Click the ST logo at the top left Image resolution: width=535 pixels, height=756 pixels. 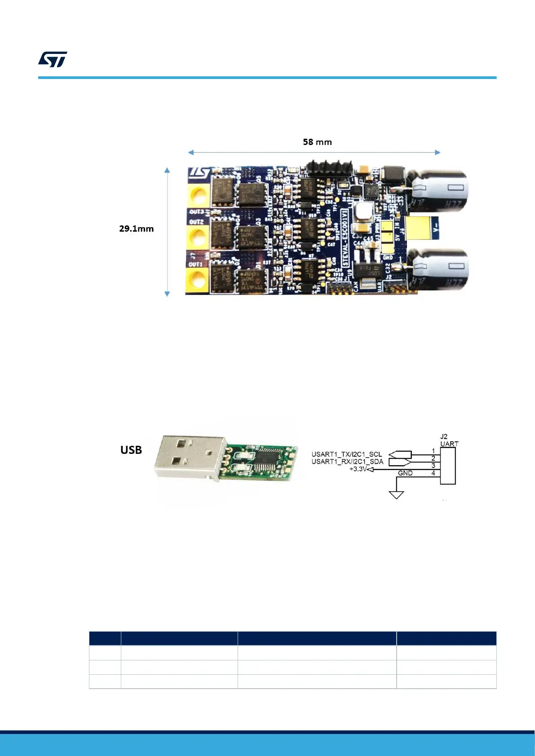click(53, 59)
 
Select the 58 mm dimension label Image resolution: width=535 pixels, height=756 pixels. click(317, 142)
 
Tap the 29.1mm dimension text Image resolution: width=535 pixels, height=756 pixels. click(136, 229)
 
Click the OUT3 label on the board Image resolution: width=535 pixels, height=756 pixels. click(197, 211)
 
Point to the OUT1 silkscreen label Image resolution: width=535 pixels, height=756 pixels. click(196, 264)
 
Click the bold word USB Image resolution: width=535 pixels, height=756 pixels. click(131, 450)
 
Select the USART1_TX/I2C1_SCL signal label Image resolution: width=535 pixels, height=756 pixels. click(346, 454)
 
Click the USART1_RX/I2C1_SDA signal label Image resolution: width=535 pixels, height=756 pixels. click(347, 462)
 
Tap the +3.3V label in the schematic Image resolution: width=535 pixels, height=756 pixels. click(358, 469)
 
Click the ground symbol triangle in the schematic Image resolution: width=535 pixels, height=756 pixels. click(396, 495)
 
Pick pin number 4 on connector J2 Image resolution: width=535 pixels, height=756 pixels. click(433, 473)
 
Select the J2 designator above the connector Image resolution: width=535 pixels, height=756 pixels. click(444, 436)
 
